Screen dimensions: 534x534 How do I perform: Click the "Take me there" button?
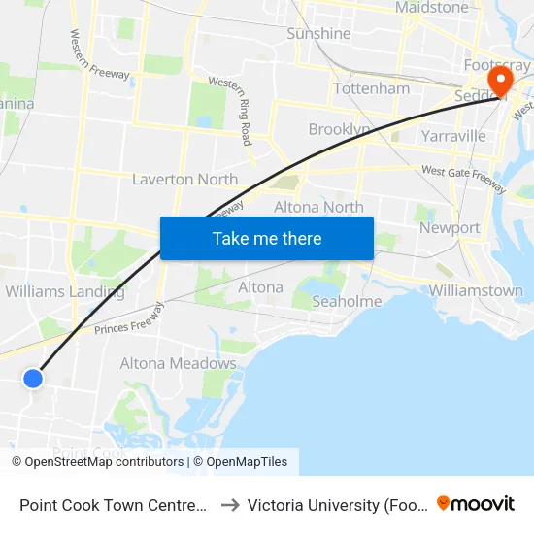[267, 238]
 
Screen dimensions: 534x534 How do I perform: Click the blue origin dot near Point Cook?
[33, 379]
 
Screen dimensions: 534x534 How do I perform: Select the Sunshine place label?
[318, 34]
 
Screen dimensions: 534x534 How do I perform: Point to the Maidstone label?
[431, 8]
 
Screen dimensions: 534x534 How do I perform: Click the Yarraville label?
[452, 136]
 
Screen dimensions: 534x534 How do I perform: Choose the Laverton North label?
[184, 179]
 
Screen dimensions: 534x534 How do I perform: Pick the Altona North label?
[318, 207]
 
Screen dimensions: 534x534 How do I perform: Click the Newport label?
[450, 228]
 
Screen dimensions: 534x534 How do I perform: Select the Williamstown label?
[476, 290]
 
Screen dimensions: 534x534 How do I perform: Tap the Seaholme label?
[347, 302]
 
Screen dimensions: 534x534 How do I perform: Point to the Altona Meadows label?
[178, 364]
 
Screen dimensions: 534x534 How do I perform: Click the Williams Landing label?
[65, 291]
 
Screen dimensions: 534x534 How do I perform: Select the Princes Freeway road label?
[132, 322]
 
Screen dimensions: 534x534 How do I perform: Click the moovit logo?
[475, 503]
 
